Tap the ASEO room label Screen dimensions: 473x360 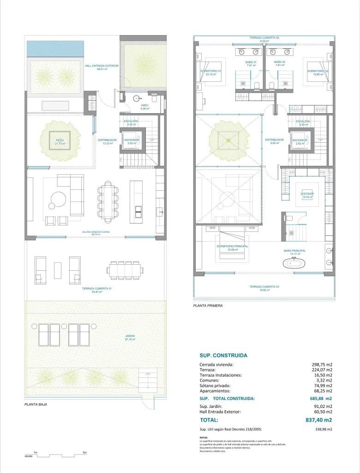coord(145,105)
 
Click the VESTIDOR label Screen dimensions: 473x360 coord(307,194)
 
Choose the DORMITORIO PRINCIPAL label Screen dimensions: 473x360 coord(232,246)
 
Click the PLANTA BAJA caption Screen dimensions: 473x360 coord(36,404)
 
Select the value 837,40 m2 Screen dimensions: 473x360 coord(318,420)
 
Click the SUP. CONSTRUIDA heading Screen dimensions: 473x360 coord(223,356)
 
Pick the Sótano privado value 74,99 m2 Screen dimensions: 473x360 coord(322,385)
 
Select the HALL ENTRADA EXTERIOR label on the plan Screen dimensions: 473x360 coord(102,66)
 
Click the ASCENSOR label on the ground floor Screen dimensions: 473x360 coord(132,140)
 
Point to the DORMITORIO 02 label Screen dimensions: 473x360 coord(318,71)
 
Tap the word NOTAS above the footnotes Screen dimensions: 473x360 coord(204,437)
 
